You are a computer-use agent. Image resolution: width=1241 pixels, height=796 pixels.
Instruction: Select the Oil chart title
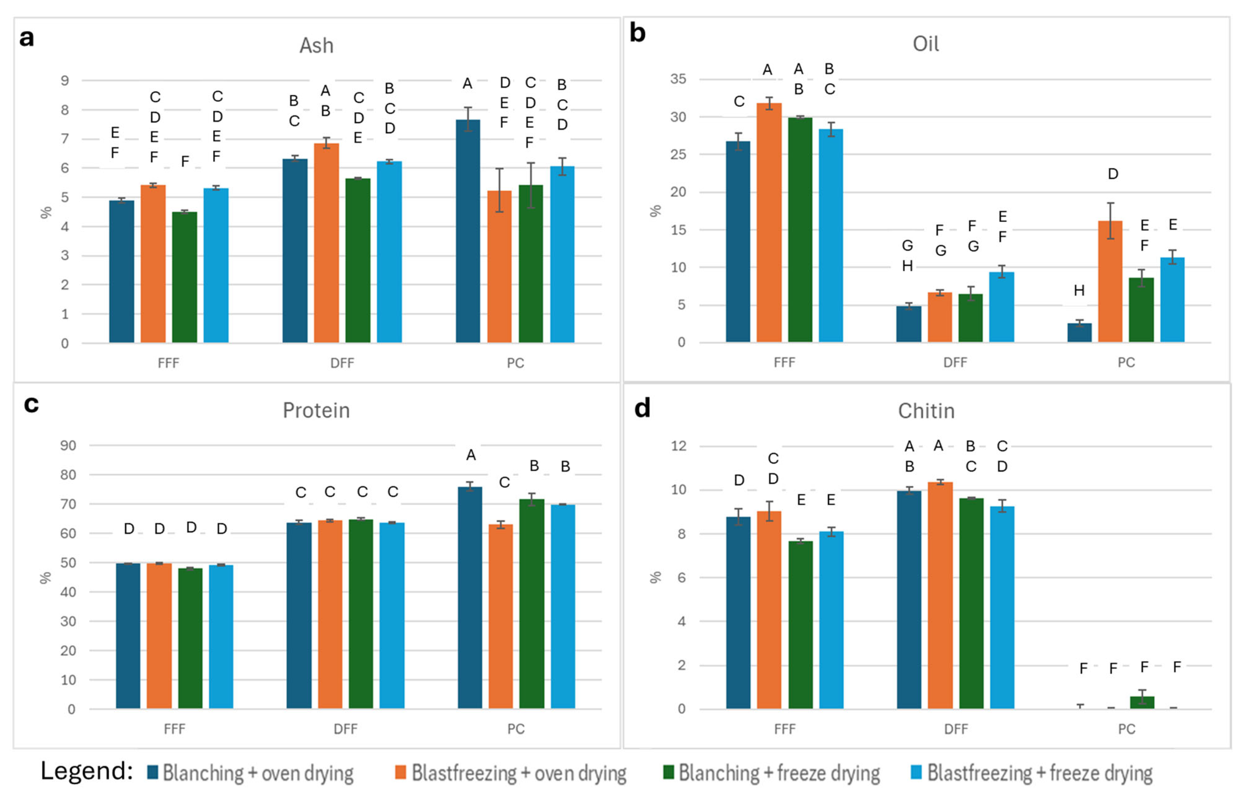tap(925, 44)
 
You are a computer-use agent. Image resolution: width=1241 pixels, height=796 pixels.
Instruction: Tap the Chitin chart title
tap(925, 411)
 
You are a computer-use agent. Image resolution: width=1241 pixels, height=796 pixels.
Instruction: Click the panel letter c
tap(31, 404)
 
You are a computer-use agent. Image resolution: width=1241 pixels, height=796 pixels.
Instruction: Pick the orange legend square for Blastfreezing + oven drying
tap(400, 773)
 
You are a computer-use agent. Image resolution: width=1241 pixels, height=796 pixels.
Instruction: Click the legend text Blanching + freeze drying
tap(779, 773)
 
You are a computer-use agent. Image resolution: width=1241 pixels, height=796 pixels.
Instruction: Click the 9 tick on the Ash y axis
tap(65, 81)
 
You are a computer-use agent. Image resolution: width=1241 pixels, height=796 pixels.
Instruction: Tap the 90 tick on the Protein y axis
tap(68, 445)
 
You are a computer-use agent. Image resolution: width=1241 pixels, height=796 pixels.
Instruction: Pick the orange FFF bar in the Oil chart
tap(769, 222)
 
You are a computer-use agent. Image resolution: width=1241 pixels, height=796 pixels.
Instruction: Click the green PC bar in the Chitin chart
tap(1142, 703)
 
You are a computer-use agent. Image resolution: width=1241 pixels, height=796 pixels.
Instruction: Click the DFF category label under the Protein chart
tap(345, 729)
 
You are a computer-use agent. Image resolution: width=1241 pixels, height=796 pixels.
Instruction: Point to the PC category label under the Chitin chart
tap(1126, 729)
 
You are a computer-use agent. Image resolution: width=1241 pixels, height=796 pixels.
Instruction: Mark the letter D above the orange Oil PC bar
tap(1113, 174)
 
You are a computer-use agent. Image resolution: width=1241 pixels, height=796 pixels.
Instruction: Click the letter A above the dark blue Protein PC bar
tap(471, 455)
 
